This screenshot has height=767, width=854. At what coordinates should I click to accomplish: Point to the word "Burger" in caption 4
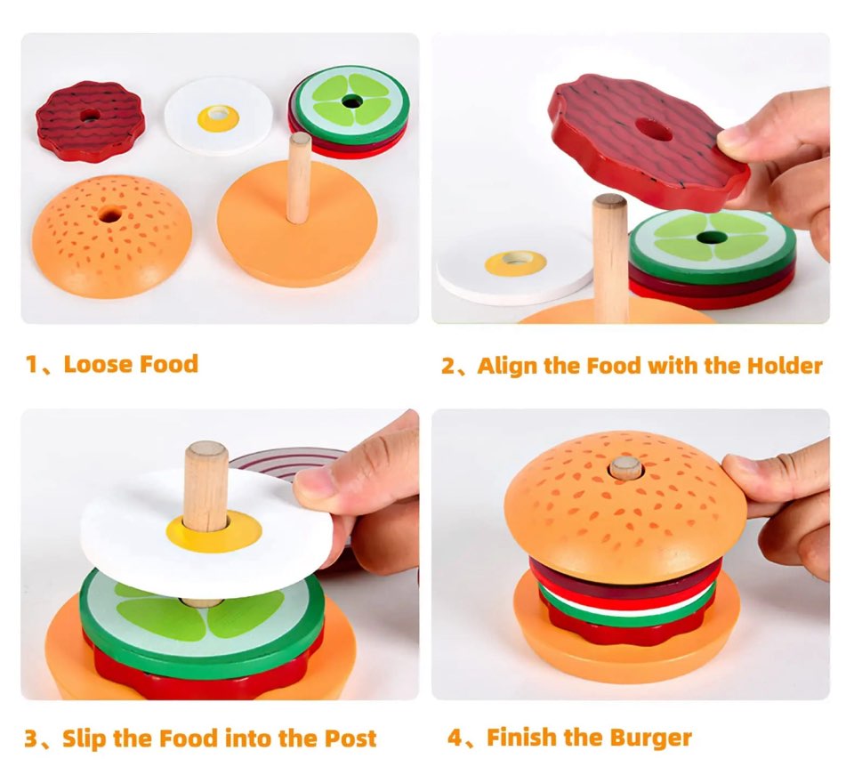tap(650, 738)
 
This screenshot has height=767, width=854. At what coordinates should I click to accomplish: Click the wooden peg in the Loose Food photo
tap(299, 178)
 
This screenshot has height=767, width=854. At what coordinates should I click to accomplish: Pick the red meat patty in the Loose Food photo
tap(90, 121)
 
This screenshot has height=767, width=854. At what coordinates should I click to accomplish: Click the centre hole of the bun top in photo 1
tap(110, 215)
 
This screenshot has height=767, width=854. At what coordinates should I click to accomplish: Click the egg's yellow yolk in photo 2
tap(515, 262)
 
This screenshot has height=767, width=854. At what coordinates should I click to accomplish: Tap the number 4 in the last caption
tap(455, 738)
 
